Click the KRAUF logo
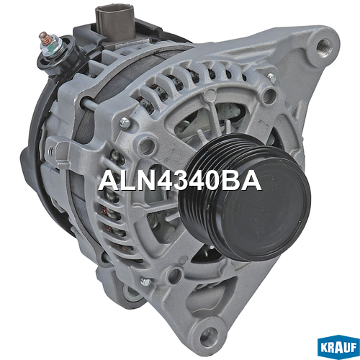click(x=338, y=347)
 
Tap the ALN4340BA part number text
click(x=180, y=181)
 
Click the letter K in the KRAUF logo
click(x=324, y=348)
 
